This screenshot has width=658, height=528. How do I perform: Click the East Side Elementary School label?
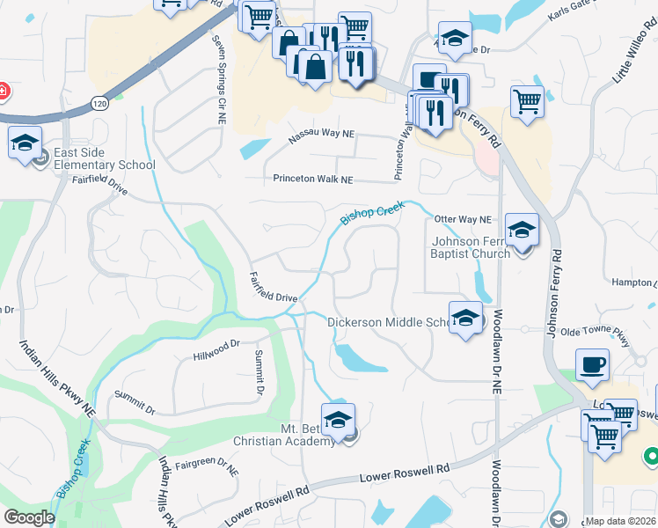(104, 158)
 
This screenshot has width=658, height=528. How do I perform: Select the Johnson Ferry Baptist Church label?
(471, 247)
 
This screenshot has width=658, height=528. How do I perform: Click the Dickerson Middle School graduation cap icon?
(465, 316)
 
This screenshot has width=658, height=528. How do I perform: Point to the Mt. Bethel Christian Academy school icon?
(337, 418)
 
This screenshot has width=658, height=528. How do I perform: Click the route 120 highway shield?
(97, 104)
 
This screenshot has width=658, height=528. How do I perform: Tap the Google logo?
(29, 517)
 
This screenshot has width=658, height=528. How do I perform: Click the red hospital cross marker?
(3, 91)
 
